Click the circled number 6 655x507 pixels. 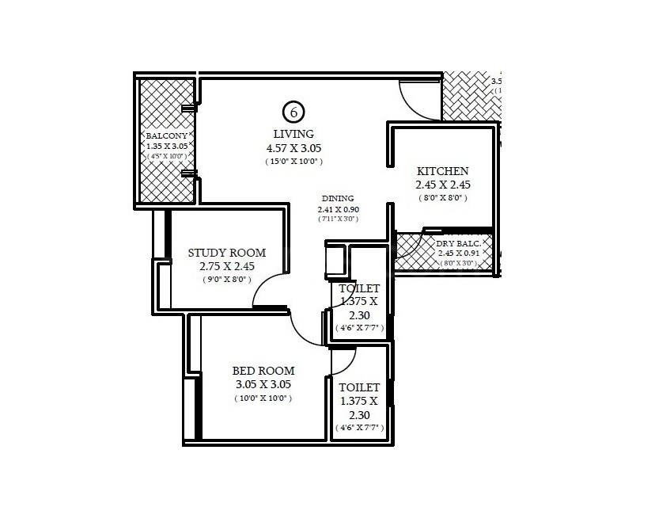(293, 112)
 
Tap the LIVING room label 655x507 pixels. (293, 134)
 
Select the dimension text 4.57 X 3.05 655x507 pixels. (293, 148)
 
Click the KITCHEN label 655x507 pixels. (443, 171)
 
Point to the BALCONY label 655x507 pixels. (166, 136)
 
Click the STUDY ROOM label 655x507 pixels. (227, 253)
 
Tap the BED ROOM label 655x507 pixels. (263, 371)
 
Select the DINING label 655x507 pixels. (338, 199)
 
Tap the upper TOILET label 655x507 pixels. (359, 288)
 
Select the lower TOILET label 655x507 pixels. (359, 387)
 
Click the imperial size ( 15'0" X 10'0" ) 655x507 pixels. (293, 162)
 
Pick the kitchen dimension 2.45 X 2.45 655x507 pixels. (443, 185)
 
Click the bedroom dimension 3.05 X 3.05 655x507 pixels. (263, 384)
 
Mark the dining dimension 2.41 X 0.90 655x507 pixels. (338, 209)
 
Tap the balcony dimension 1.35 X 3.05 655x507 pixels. (166, 147)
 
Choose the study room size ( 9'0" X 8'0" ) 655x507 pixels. (227, 279)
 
